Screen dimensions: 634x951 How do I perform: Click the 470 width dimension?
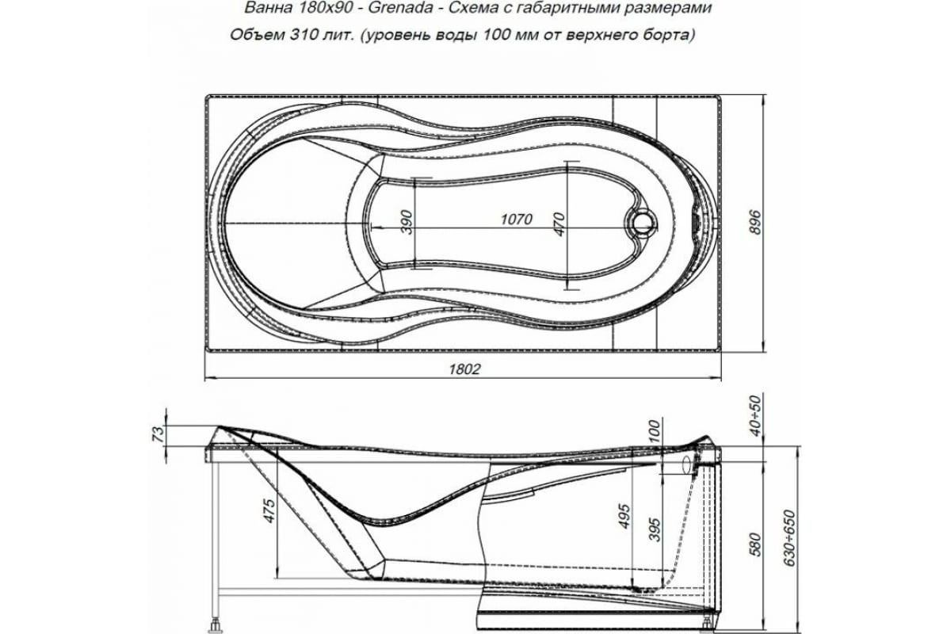point(559,225)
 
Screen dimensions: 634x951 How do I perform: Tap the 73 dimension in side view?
point(158,434)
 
